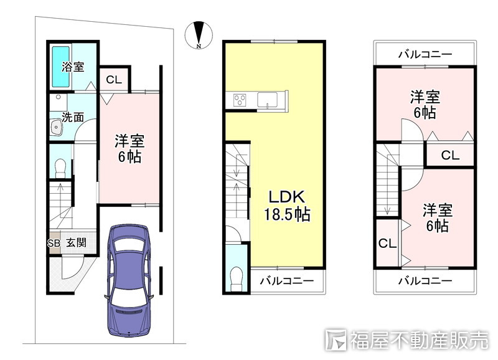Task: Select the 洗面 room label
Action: click(73, 116)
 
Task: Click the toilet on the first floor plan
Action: click(60, 166)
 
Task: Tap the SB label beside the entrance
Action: click(54, 244)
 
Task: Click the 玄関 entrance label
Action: click(77, 244)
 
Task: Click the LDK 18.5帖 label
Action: click(286, 206)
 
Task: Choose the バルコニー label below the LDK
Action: click(286, 282)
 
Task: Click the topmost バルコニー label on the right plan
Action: click(425, 54)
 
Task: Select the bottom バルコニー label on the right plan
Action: click(425, 281)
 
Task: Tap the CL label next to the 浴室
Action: click(113, 80)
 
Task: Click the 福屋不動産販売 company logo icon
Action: click(337, 339)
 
